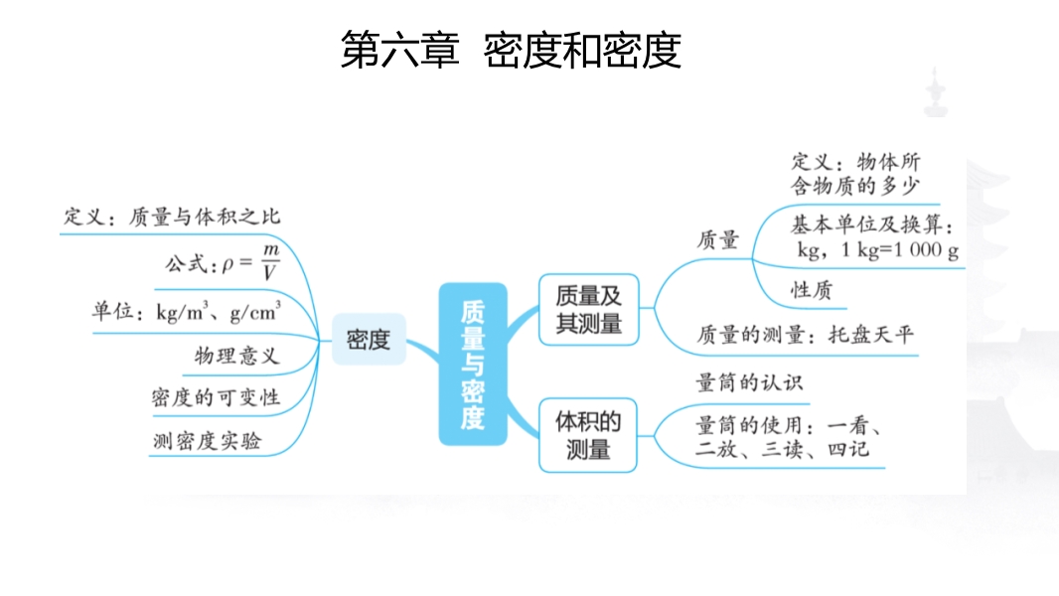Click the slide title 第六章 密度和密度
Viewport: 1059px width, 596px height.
click(x=511, y=51)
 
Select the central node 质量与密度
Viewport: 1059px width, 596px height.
click(x=473, y=364)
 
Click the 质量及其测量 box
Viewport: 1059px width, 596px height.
click(x=588, y=309)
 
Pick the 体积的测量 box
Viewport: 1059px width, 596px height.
click(x=588, y=435)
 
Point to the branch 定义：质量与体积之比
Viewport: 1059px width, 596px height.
click(x=173, y=217)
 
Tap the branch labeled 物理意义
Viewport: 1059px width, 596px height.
click(x=236, y=356)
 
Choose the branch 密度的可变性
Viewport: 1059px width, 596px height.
click(x=216, y=398)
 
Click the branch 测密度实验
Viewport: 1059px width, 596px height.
click(x=207, y=441)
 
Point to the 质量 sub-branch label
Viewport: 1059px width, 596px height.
click(x=718, y=239)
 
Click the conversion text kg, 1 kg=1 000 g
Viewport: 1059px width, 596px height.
click(x=878, y=250)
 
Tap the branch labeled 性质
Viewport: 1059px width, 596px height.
click(x=811, y=290)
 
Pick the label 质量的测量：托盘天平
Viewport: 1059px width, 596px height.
click(x=805, y=335)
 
